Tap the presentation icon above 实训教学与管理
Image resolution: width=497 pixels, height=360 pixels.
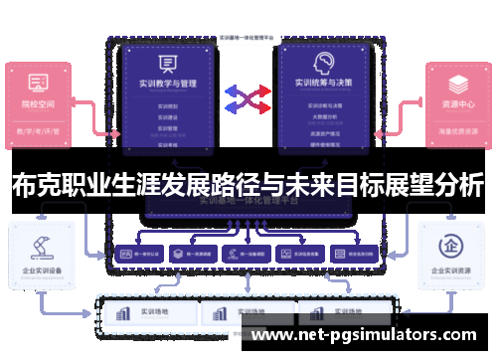pos(166,63)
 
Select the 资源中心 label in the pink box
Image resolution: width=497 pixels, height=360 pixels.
pos(458,103)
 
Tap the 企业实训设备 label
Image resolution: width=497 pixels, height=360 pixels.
pos(40,270)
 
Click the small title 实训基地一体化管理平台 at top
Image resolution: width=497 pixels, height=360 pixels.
pos(248,37)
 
